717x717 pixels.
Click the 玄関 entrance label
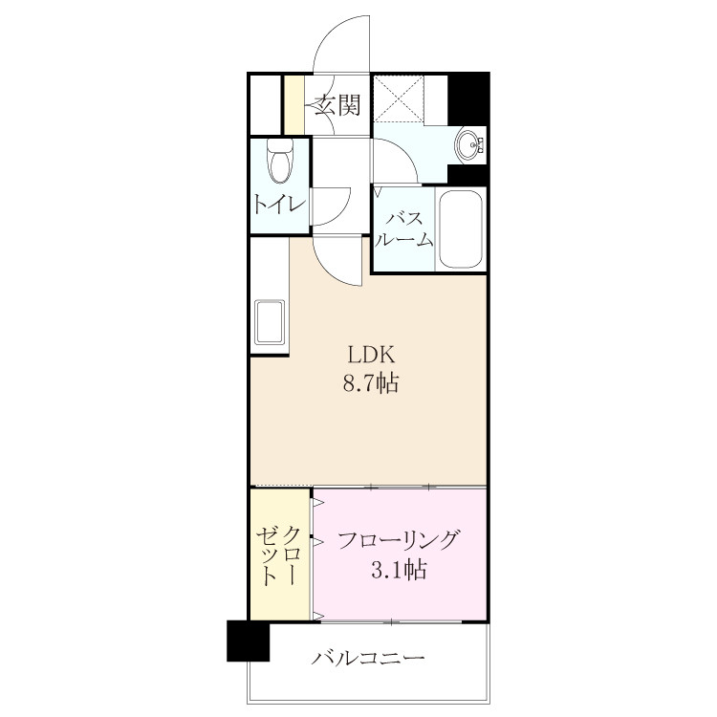(x=337, y=105)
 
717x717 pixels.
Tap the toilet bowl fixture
(x=280, y=161)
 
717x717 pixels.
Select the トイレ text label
(x=279, y=204)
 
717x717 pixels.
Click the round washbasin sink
(x=468, y=144)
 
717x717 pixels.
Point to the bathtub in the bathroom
(x=461, y=228)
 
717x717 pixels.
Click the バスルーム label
(x=404, y=229)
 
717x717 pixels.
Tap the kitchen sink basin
(x=271, y=321)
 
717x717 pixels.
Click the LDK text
(x=371, y=355)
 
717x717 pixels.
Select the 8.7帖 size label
(x=371, y=383)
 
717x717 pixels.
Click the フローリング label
(x=398, y=540)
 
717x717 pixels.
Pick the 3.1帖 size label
(x=399, y=570)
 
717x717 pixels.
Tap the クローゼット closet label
(x=279, y=555)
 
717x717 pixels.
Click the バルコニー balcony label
(x=369, y=659)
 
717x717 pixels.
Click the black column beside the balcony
(x=249, y=641)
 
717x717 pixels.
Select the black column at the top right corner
(x=468, y=98)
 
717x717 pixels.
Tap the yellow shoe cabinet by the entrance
(x=294, y=104)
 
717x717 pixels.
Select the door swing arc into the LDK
(x=329, y=269)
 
